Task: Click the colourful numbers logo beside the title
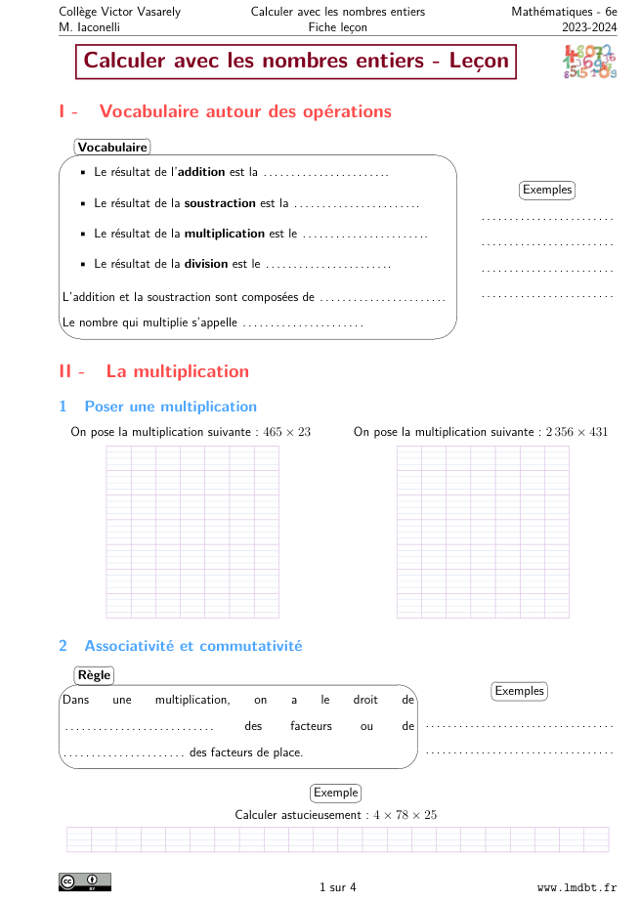589,61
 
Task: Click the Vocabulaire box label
112,148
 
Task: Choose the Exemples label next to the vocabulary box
546,190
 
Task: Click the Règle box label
94,675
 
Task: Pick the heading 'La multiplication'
177,371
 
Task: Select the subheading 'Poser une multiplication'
170,407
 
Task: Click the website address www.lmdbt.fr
576,887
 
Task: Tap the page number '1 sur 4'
338,887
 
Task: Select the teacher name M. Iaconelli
94,27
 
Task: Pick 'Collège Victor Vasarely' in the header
119,12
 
